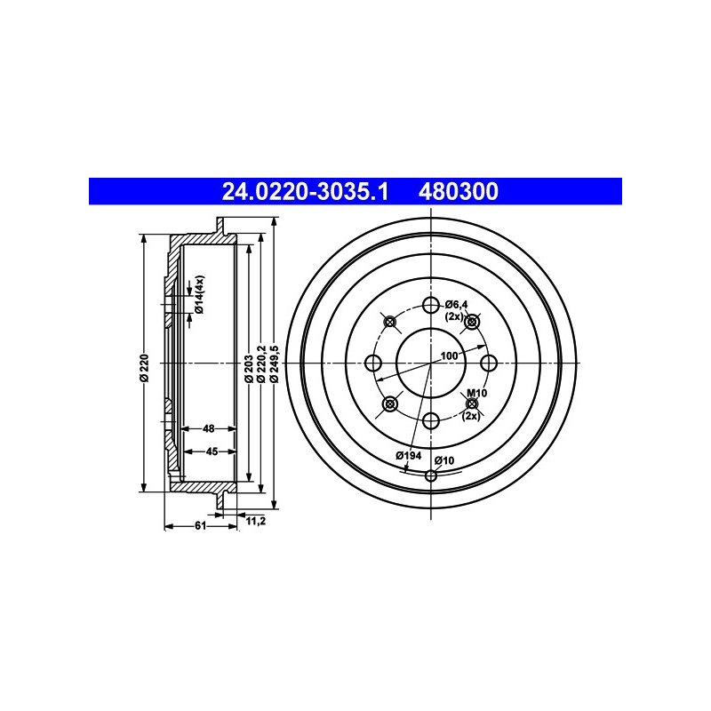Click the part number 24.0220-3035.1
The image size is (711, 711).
(x=305, y=191)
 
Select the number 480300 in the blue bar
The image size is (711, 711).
(x=458, y=191)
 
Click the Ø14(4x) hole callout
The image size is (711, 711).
(x=199, y=294)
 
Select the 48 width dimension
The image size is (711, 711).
(x=209, y=428)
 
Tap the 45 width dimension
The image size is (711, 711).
(x=212, y=451)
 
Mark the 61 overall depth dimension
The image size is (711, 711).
(x=201, y=525)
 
